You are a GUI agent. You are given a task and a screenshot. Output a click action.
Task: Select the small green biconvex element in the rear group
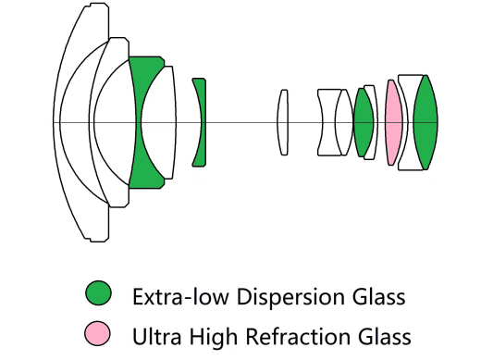pos(363,122)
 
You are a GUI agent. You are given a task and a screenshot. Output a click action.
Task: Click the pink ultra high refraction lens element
pos(393,122)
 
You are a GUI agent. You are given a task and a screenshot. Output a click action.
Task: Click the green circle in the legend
pos(97,296)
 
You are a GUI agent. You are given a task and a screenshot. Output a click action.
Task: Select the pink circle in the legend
pos(97,334)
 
